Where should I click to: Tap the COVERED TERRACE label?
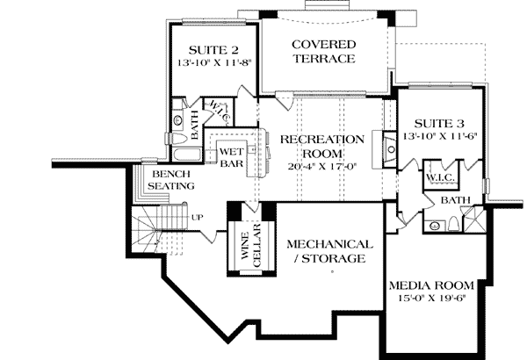[324, 51]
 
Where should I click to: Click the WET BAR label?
[231, 155]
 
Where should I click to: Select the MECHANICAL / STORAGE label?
[327, 251]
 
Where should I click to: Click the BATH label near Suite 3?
[455, 201]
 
